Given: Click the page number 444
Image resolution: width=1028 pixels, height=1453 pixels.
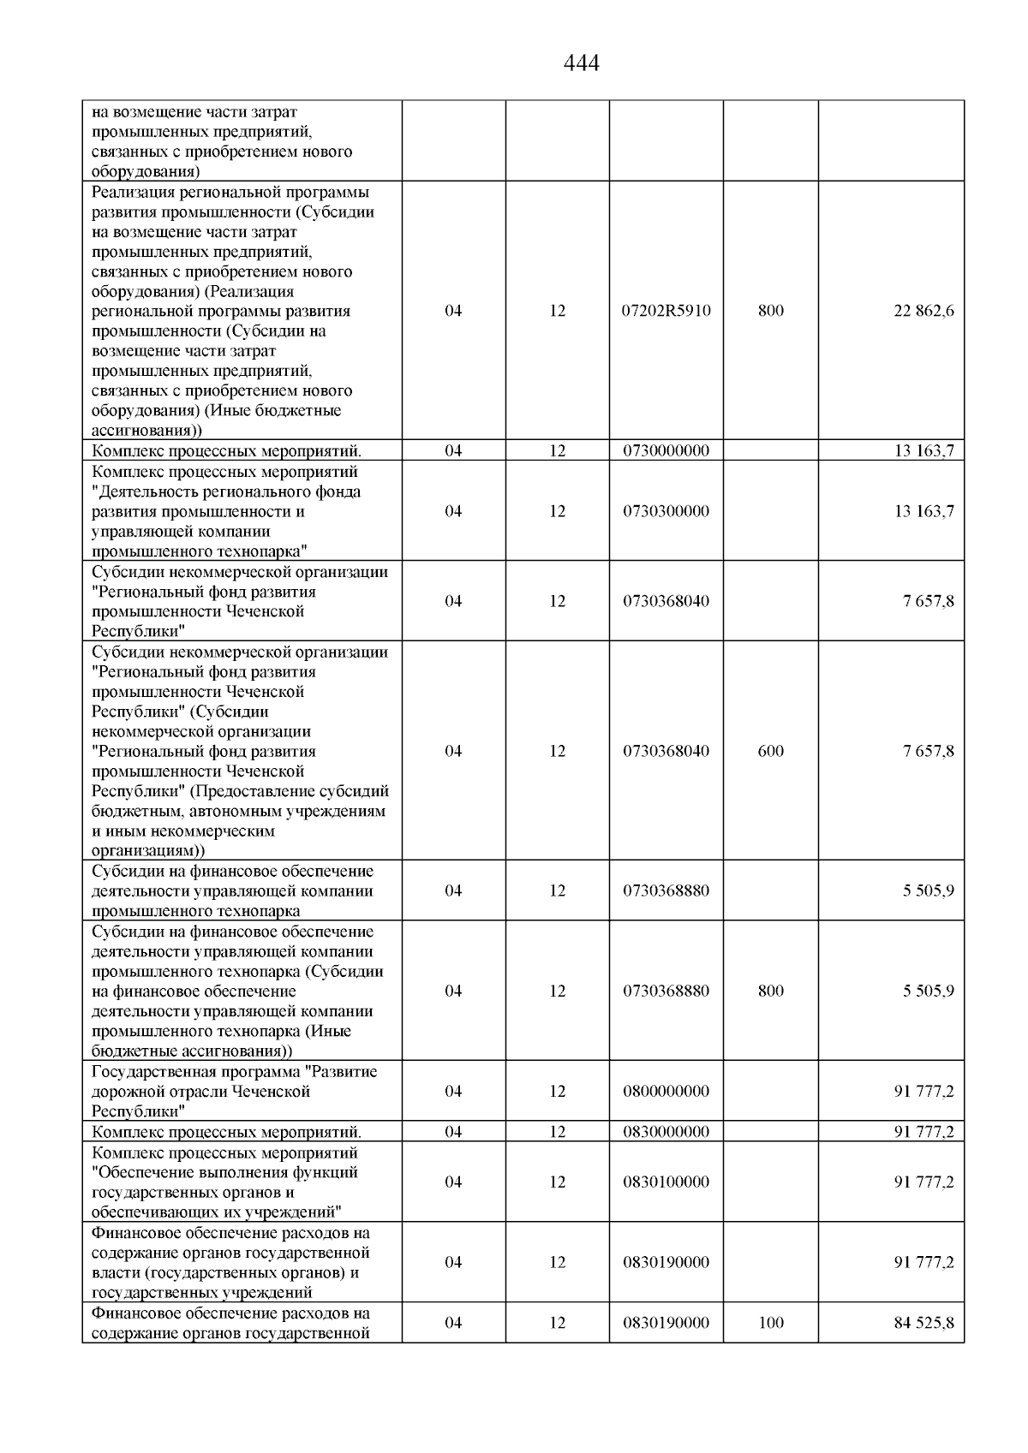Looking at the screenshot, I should click(582, 63).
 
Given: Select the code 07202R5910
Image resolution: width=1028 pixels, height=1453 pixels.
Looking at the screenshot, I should click(666, 311).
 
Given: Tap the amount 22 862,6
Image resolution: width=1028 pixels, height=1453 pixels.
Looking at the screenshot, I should click(923, 311).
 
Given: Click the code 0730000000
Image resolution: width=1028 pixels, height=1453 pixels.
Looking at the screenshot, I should click(666, 450).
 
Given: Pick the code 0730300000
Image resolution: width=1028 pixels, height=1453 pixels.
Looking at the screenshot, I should click(666, 511).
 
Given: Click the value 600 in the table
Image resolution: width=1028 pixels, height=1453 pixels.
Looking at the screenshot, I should click(770, 751).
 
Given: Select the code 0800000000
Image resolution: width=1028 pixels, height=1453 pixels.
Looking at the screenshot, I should click(666, 1091).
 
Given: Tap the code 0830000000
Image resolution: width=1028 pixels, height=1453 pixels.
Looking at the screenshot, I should click(666, 1131).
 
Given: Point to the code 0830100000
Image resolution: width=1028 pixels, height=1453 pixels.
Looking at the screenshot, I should click(666, 1182).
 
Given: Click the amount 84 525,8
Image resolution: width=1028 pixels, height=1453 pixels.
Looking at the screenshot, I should click(923, 1323).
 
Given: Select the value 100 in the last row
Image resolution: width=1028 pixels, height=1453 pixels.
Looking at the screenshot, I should click(770, 1323).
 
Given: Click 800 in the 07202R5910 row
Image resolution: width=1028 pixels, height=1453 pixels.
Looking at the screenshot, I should click(770, 311).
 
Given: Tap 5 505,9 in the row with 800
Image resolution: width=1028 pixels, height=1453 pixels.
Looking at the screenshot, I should click(928, 991).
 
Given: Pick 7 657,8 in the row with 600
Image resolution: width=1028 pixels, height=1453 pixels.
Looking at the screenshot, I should click(928, 751).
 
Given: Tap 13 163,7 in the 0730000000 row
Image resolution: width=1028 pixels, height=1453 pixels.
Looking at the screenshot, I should click(923, 450).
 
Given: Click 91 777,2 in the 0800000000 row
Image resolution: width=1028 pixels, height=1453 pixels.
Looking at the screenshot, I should click(923, 1091).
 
